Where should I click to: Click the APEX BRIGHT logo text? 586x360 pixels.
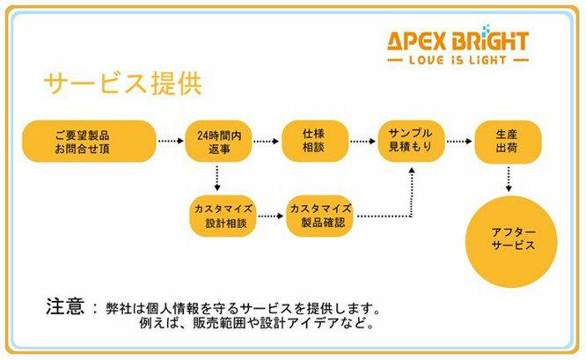pyautogui.click(x=458, y=40)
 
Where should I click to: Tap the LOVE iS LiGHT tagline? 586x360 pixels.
pyautogui.click(x=458, y=60)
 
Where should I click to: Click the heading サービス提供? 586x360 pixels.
pyautogui.click(x=122, y=84)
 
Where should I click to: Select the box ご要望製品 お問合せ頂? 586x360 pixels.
pyautogui.click(x=88, y=142)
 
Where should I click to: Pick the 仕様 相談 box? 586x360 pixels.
pyautogui.click(x=313, y=142)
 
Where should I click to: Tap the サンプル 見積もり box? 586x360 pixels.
pyautogui.click(x=411, y=141)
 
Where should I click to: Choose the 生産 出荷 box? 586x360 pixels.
pyautogui.click(x=507, y=141)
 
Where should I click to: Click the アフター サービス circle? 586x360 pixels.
pyautogui.click(x=512, y=239)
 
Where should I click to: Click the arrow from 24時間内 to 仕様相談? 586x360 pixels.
pyautogui.click(x=267, y=141)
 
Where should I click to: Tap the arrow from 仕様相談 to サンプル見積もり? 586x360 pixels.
pyautogui.click(x=362, y=141)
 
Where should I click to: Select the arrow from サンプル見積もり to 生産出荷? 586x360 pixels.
pyautogui.click(x=458, y=141)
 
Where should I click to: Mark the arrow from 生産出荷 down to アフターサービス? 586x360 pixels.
pyautogui.click(x=509, y=179)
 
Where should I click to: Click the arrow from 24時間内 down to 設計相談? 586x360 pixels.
pyautogui.click(x=216, y=179)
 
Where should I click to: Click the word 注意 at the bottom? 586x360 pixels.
pyautogui.click(x=65, y=307)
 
